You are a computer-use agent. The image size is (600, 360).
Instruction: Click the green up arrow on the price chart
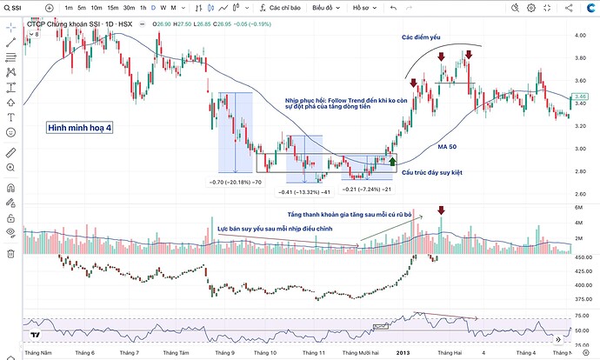[392, 159]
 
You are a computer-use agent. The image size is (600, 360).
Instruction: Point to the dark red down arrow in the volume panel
[442, 210]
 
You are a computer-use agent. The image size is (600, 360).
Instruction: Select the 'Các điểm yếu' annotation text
[422, 38]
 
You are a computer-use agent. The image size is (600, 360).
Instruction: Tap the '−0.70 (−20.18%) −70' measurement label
[236, 182]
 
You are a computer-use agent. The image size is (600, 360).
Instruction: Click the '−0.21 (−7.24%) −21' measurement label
[367, 190]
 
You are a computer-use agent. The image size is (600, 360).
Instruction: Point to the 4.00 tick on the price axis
[581, 36]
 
